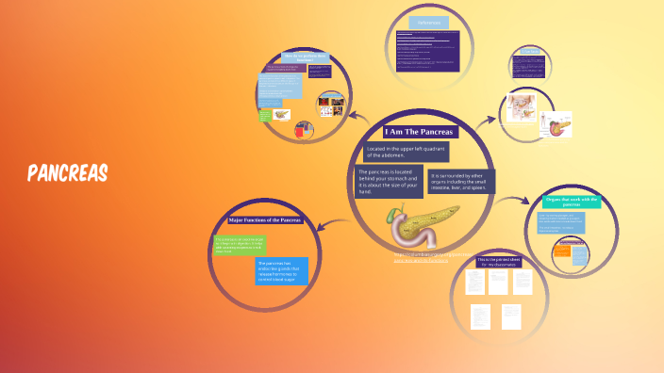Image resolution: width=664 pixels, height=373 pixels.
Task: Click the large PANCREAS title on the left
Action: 68,173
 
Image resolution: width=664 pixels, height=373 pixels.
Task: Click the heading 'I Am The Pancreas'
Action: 420,131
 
